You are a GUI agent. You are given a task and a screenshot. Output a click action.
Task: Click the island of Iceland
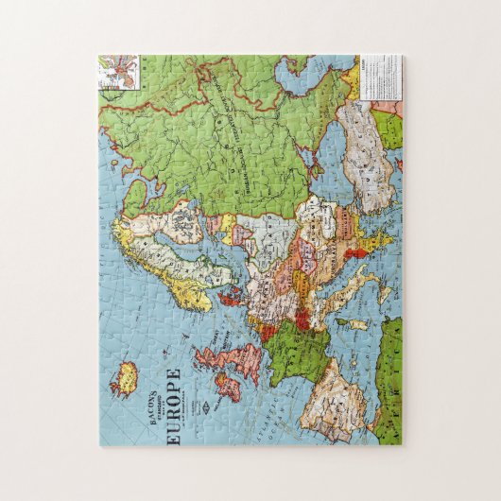(124, 381)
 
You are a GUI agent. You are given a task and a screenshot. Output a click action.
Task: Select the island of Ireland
(228, 386)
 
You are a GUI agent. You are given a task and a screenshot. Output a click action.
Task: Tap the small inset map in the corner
(119, 70)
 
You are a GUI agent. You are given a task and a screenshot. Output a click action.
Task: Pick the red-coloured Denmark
(230, 299)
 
